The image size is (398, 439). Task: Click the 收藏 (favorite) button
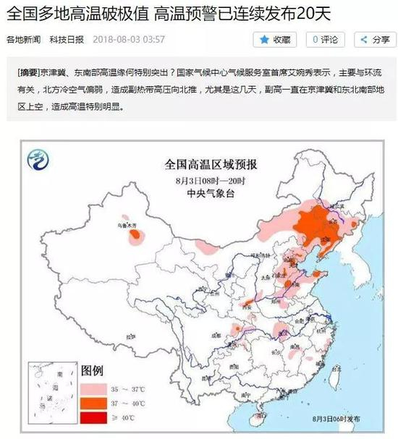tap(274, 40)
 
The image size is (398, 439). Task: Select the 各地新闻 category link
tap(24, 40)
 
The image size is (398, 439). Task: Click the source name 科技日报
tap(67, 40)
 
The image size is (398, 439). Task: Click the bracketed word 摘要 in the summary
tap(30, 74)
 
